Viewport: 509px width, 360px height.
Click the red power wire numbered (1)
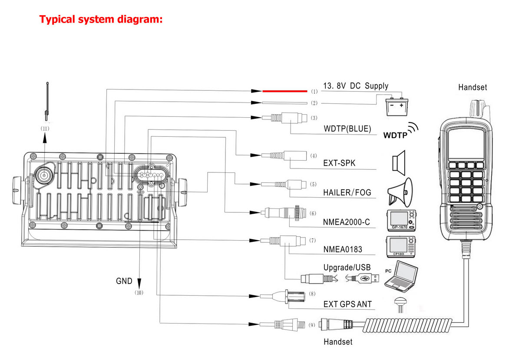(285, 91)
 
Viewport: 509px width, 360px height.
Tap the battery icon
(397, 106)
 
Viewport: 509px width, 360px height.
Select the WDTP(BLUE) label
(347, 129)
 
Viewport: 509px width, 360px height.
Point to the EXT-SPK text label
(339, 163)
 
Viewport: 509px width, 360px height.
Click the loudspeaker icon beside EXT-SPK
(399, 163)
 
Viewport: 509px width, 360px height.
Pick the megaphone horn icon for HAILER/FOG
(400, 192)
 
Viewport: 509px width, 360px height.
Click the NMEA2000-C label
(347, 222)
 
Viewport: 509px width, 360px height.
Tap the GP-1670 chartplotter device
(402, 220)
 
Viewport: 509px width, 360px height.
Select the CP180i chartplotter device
(401, 246)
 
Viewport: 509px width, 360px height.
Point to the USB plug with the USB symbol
(362, 278)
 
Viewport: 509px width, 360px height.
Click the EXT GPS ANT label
(347, 304)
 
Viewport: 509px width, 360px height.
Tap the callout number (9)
(312, 325)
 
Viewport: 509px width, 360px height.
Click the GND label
(124, 281)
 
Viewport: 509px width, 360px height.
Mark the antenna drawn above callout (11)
(47, 102)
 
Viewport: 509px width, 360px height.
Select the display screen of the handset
(465, 143)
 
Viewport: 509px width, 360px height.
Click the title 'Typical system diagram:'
(101, 19)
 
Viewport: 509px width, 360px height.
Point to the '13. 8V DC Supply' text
(356, 86)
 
